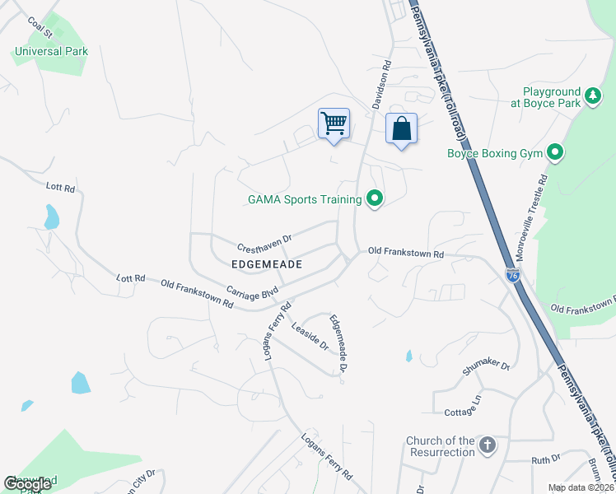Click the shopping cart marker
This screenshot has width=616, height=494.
[334, 123]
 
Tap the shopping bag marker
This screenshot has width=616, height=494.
[401, 128]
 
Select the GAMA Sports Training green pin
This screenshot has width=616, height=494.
[376, 198]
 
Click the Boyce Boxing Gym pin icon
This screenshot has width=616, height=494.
[556, 152]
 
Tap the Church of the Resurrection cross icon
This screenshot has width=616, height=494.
[488, 445]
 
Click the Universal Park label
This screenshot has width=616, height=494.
[51, 51]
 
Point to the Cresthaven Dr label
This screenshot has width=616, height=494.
[265, 243]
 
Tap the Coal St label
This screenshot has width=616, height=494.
[39, 28]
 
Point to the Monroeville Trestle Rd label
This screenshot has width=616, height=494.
[542, 214]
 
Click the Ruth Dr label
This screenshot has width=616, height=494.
[546, 459]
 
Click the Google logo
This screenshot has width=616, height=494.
[28, 484]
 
